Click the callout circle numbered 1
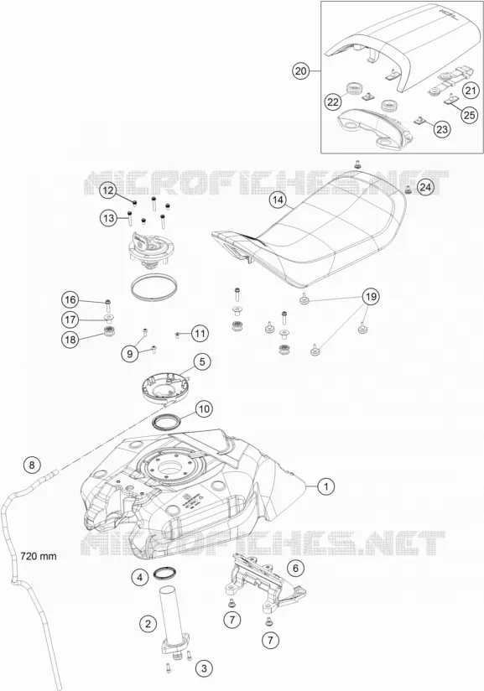point(326,486)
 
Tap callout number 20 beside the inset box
point(300,71)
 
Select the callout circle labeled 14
point(278,200)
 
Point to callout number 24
point(424,187)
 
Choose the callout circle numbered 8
point(31,465)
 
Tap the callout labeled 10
point(204,409)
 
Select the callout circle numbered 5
point(202,362)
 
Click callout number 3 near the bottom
point(204,668)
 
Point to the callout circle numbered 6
point(295,568)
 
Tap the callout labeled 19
point(371,297)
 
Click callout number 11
point(200,334)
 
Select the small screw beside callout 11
point(177,335)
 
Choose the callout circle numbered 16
point(70,300)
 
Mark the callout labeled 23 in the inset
point(442,129)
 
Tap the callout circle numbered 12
point(108,191)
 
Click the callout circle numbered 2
point(148,624)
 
